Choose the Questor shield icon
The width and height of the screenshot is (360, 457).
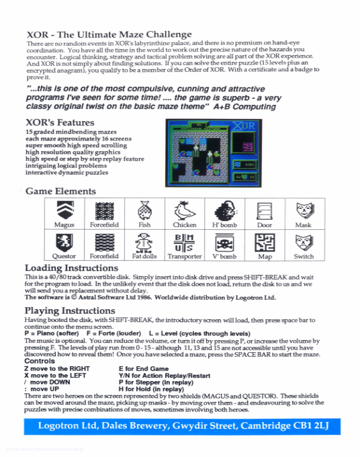click(x=64, y=243)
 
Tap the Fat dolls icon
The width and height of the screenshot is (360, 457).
click(x=144, y=243)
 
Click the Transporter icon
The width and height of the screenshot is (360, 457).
click(x=184, y=243)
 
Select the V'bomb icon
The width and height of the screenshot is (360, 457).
click(x=224, y=243)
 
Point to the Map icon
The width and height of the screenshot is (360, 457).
click(x=265, y=243)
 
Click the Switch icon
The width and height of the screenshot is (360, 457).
click(x=304, y=243)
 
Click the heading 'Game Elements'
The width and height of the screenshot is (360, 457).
click(x=60, y=192)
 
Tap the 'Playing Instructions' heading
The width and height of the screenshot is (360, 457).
click(x=70, y=310)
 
